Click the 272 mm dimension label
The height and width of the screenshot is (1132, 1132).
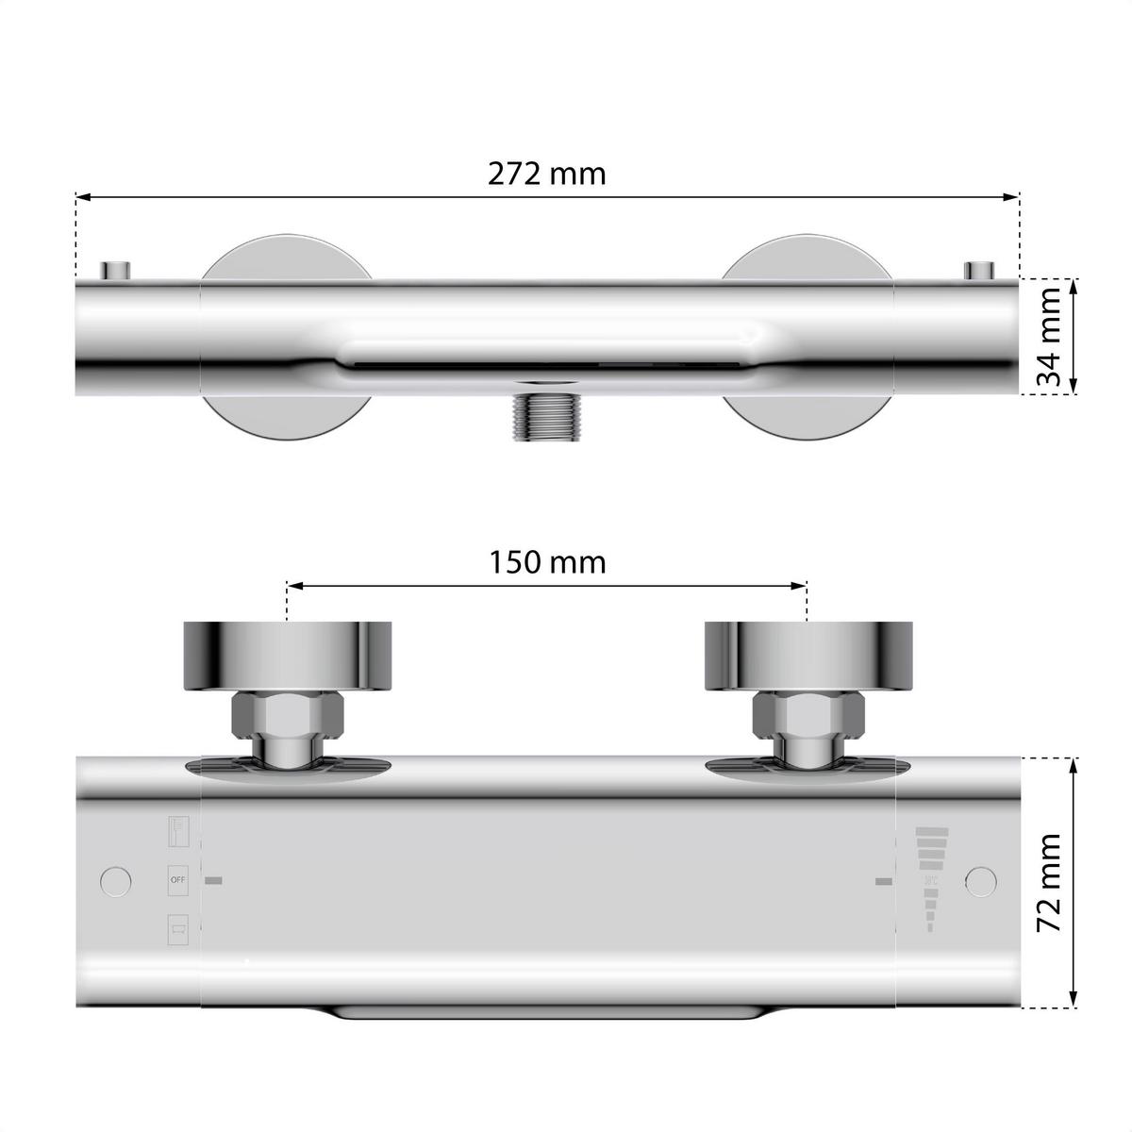click(x=546, y=174)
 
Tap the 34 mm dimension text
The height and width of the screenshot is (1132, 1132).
click(x=1049, y=337)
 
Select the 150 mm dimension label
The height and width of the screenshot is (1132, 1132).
click(x=547, y=562)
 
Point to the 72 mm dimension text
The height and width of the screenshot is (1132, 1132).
click(x=1049, y=883)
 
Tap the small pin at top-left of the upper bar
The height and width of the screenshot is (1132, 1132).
click(x=118, y=269)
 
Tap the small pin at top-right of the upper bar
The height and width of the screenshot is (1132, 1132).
click(x=978, y=269)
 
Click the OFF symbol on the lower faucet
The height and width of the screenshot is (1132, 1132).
click(x=178, y=880)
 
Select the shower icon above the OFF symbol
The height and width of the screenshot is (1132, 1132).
click(x=178, y=831)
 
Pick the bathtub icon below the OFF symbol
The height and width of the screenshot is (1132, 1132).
click(x=178, y=927)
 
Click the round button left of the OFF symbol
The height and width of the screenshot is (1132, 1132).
click(x=116, y=880)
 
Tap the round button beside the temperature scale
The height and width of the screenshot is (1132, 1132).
click(x=981, y=880)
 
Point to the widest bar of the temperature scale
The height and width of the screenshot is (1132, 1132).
click(x=931, y=831)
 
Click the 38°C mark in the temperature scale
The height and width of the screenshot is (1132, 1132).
click(x=931, y=880)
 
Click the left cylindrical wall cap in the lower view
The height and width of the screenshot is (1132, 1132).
click(x=286, y=655)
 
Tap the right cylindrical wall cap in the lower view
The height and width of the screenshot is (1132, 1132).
click(x=809, y=655)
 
